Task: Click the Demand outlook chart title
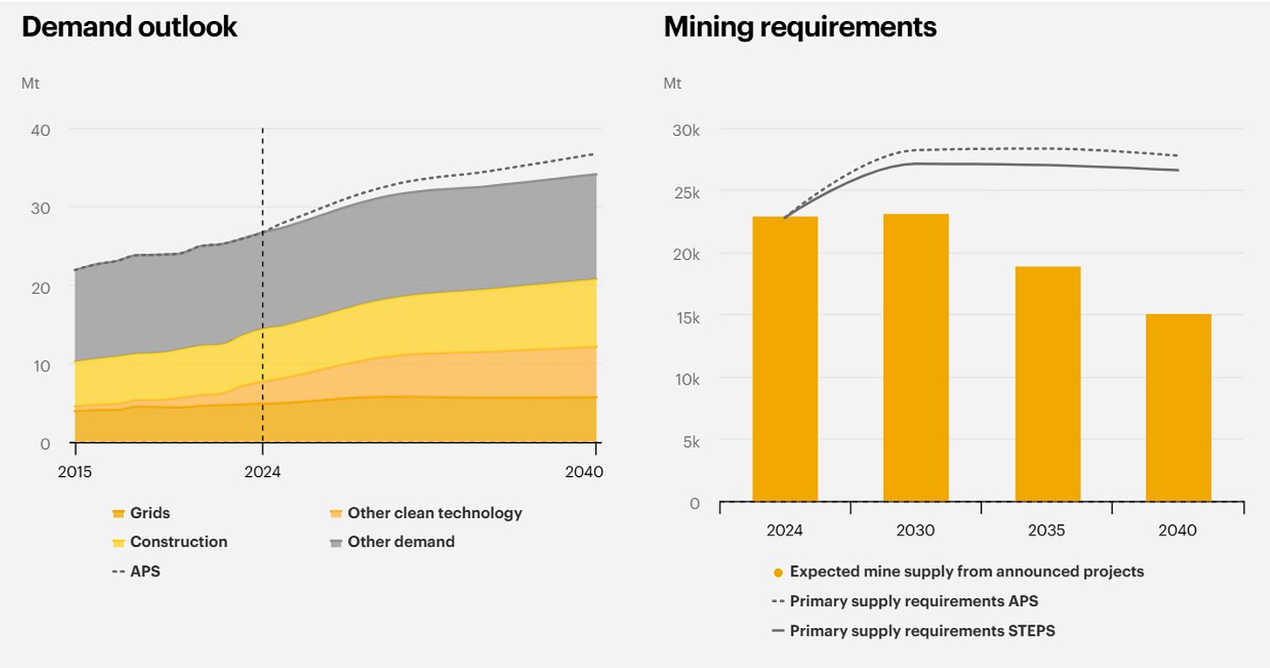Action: (129, 27)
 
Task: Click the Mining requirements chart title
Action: (800, 27)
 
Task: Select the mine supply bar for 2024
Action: (785, 359)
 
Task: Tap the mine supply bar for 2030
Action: (916, 358)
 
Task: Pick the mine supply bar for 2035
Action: (1048, 384)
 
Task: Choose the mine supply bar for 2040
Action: (1178, 408)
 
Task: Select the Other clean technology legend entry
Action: (426, 513)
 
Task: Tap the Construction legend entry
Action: (169, 542)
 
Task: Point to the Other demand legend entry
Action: (393, 542)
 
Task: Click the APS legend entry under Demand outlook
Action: (136, 571)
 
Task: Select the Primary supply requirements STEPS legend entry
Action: (913, 631)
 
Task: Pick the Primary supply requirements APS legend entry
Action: (905, 601)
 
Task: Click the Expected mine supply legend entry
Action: (958, 571)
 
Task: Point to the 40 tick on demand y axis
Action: (41, 131)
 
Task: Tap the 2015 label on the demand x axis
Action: (75, 472)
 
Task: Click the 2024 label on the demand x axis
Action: (263, 472)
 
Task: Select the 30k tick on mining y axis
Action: (686, 131)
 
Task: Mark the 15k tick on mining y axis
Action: (687, 318)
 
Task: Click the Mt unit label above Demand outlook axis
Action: (30, 84)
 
